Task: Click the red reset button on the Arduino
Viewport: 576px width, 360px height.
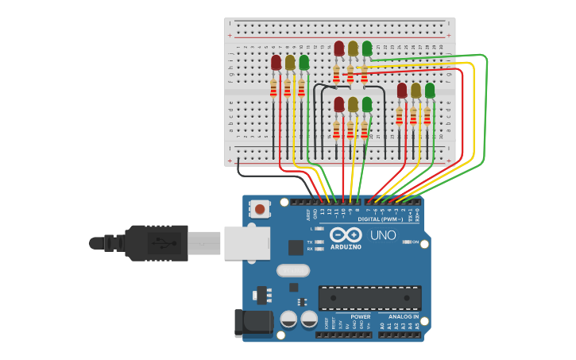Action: (260, 210)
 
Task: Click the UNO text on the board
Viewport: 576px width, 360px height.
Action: (383, 236)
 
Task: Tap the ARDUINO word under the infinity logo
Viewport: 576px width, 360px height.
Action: (346, 247)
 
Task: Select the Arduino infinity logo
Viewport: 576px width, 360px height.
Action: (346, 235)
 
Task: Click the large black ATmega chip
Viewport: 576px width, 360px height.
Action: (369, 298)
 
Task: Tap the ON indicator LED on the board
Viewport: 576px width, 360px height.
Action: (406, 242)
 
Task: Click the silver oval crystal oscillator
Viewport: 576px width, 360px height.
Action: (292, 270)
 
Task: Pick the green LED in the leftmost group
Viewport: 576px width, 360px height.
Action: (303, 61)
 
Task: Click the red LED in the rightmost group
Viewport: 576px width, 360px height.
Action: (402, 90)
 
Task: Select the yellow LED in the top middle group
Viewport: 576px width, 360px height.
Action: (353, 48)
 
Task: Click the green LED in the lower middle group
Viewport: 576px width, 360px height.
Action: (367, 104)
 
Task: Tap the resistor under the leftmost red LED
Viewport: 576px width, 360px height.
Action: (274, 88)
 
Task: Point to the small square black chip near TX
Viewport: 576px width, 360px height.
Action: (296, 247)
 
